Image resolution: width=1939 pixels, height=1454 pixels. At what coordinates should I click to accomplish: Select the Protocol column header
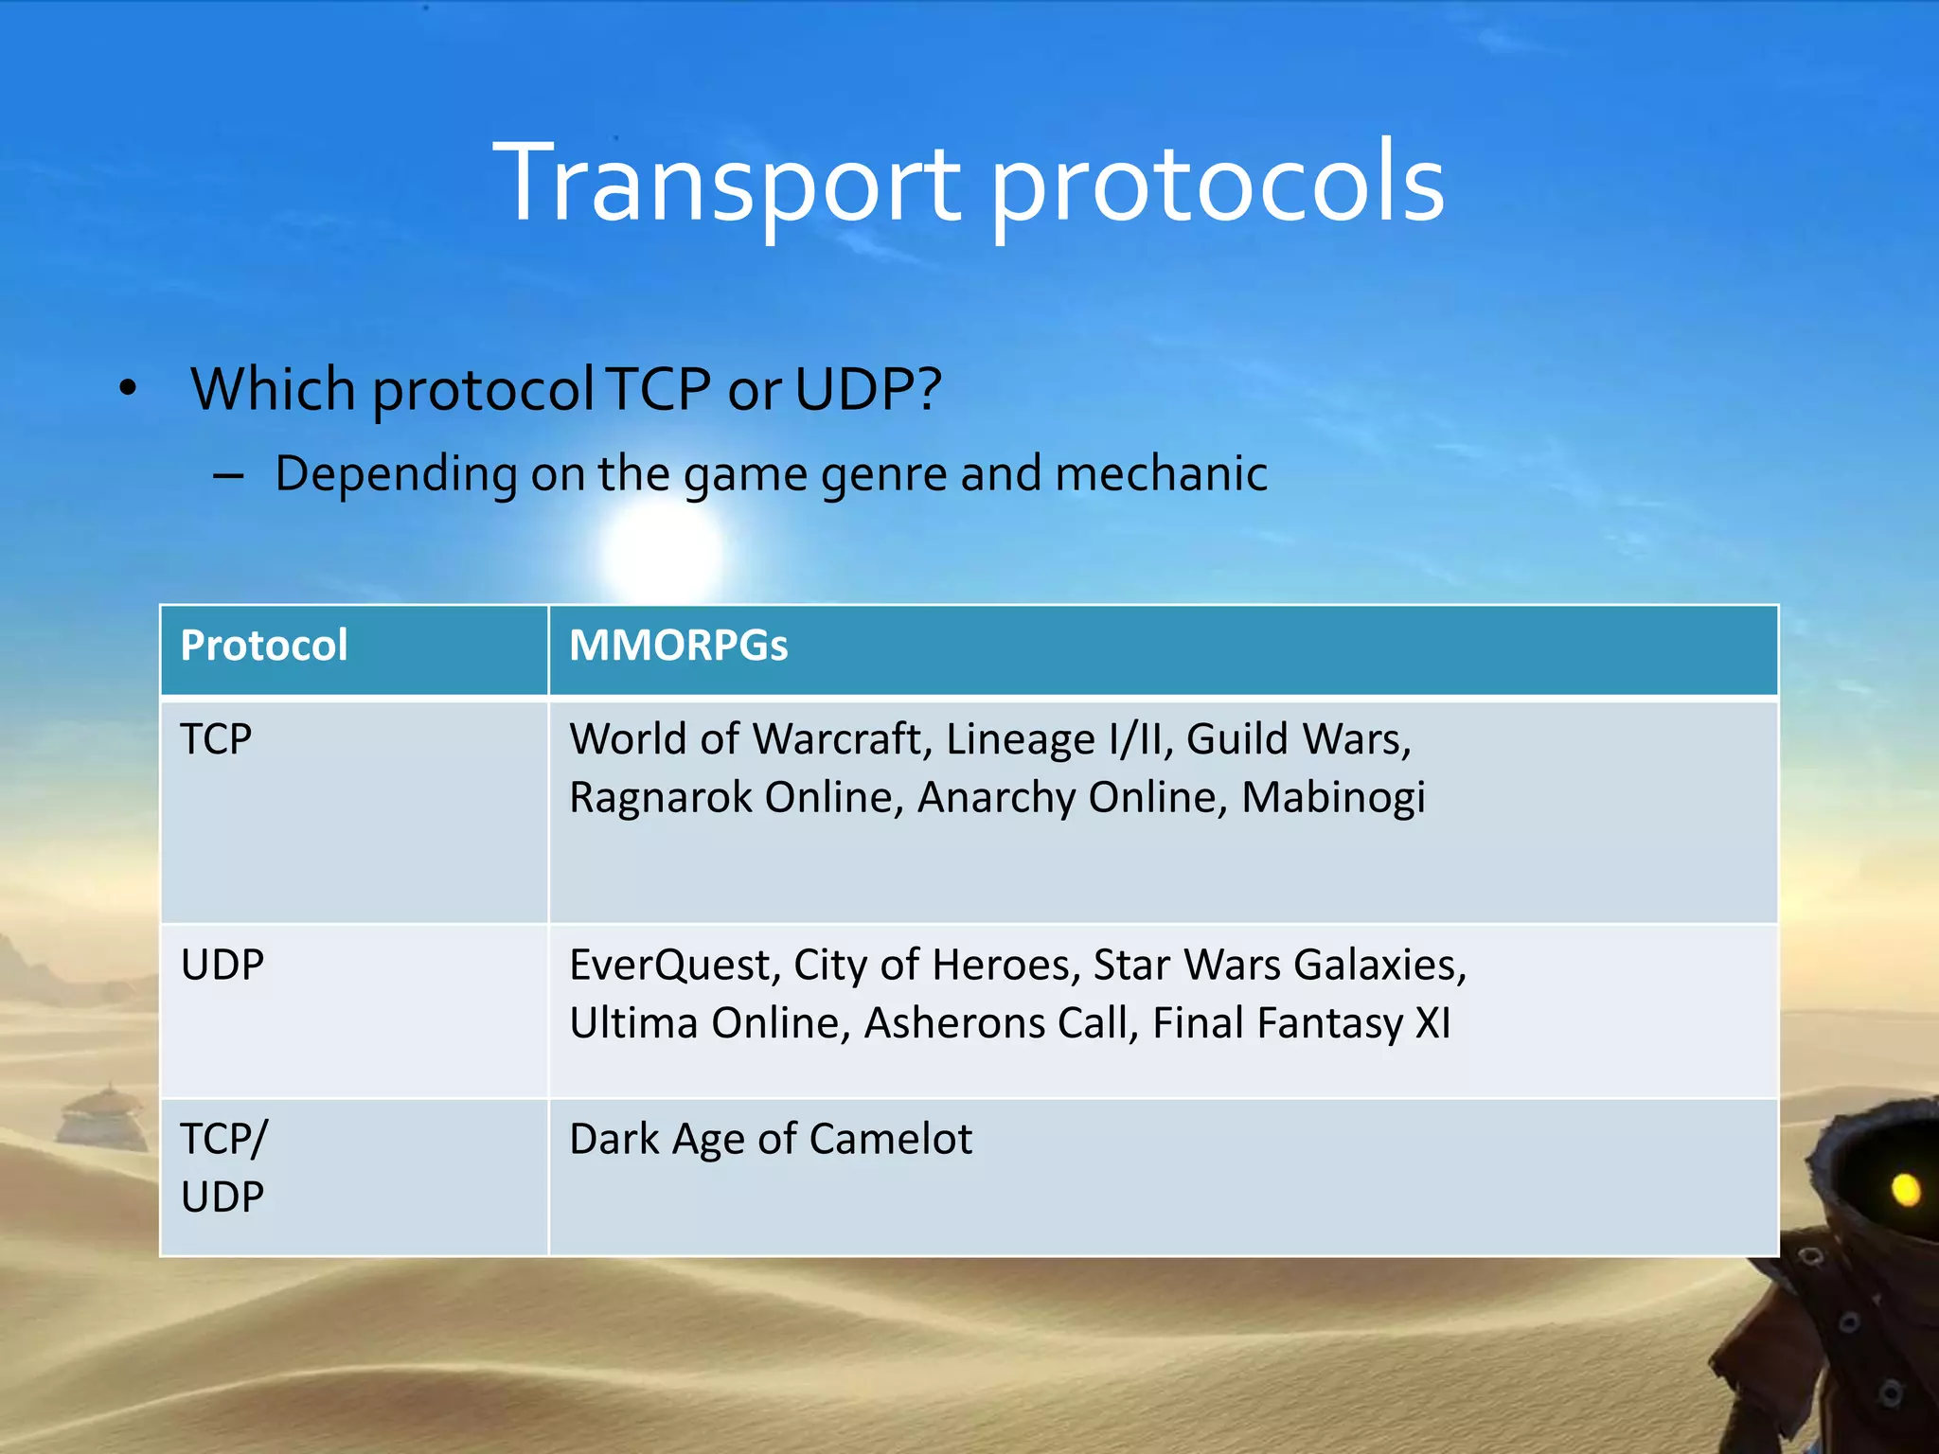263,646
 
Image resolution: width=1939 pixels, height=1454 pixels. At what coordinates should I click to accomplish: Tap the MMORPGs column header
678,646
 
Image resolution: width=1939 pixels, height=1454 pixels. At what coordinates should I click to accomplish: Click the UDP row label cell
222,966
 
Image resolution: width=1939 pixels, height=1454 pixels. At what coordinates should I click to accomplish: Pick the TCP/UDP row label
223,1167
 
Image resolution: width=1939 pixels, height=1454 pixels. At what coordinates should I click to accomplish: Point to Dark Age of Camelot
770,1139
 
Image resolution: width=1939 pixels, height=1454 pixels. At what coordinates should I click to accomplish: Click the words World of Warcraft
745,739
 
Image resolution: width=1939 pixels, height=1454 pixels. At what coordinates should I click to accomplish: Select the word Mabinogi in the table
1332,798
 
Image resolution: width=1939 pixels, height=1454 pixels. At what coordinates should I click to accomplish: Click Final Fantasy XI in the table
1301,1023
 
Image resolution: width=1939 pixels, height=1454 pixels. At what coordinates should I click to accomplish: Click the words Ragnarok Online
732,798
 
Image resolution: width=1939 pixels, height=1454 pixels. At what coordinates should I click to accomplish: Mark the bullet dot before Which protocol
128,388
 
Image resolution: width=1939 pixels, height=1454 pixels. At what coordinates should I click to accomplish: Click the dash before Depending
228,475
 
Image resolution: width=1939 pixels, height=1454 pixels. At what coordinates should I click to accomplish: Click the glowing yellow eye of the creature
1905,1190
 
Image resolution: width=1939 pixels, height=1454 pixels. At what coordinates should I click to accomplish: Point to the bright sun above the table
662,552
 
